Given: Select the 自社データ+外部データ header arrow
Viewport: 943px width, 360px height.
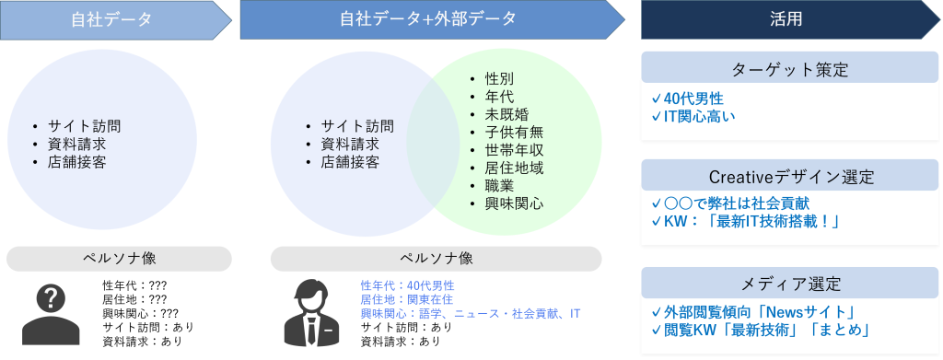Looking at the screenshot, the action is coord(428,19).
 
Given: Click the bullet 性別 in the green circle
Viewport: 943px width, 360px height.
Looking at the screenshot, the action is coord(499,78).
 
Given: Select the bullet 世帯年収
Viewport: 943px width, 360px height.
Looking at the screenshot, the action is coord(514,150).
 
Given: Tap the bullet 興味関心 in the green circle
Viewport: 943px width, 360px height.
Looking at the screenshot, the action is coord(514,203).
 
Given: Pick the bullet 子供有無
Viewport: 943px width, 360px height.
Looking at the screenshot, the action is coord(514,132).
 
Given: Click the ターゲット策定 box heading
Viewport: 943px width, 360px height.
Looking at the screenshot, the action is coord(789,70).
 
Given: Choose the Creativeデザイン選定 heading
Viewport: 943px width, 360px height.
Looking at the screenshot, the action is coord(790,177).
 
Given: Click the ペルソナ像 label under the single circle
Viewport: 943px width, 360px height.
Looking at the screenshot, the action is coord(119,258).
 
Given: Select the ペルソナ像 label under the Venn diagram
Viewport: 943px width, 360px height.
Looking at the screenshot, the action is coord(436,258).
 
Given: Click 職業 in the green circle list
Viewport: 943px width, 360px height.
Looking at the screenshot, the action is coord(499,185).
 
